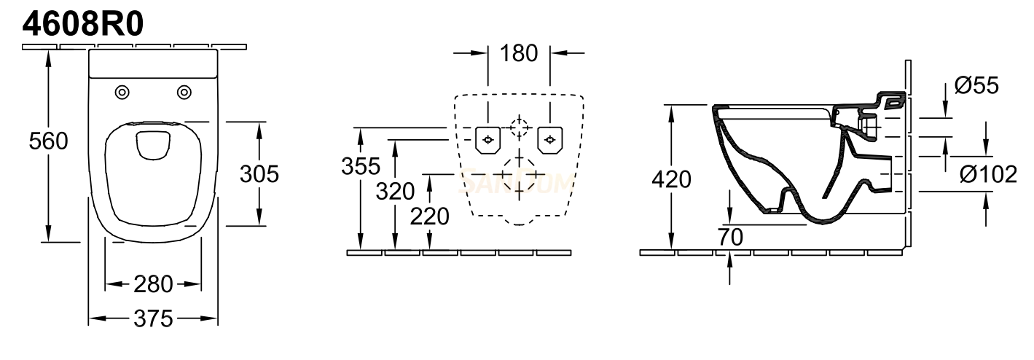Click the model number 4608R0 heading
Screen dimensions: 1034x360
(x=83, y=24)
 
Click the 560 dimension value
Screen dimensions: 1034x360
(x=49, y=141)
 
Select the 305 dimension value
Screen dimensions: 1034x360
(x=259, y=174)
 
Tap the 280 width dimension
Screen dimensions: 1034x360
(x=153, y=284)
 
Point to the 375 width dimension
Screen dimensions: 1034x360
(x=153, y=318)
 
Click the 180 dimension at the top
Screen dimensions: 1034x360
(x=519, y=53)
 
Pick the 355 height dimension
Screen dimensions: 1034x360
(x=361, y=166)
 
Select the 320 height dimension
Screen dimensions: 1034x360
(x=395, y=192)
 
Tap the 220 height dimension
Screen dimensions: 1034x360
(x=430, y=216)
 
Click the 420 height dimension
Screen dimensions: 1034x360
(x=671, y=179)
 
